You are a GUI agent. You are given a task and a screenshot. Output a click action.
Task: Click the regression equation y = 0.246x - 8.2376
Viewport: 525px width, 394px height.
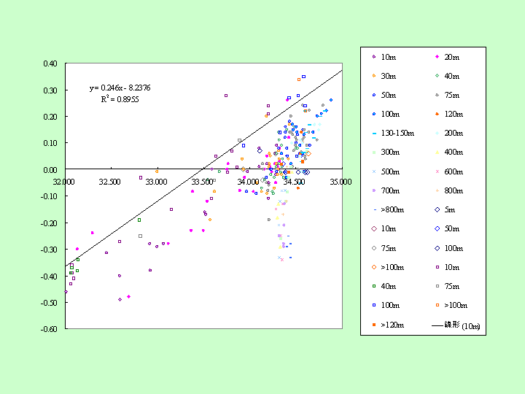pyautogui.click(x=120, y=88)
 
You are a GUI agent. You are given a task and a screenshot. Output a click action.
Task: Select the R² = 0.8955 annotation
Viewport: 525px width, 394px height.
pyautogui.click(x=120, y=99)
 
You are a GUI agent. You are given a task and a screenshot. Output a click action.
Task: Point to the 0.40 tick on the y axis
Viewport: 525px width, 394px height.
pyautogui.click(x=50, y=63)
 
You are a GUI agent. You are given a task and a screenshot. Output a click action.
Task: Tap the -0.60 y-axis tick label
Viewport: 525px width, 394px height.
pyautogui.click(x=49, y=329)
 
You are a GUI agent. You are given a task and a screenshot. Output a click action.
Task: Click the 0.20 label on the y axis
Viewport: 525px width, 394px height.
pyautogui.click(x=50, y=117)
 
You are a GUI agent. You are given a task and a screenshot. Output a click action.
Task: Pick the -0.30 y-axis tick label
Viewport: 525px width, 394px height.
pyautogui.click(x=49, y=250)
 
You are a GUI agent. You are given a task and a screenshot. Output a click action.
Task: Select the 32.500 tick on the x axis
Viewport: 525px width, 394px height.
pyautogui.click(x=109, y=182)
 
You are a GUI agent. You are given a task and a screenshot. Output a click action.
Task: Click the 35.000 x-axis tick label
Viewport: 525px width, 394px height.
pyautogui.click(x=341, y=182)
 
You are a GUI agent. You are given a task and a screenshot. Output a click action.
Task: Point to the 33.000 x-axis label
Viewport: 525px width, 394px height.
pyautogui.click(x=156, y=182)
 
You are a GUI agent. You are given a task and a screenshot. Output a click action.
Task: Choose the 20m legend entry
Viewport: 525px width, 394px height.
pyautogui.click(x=447, y=58)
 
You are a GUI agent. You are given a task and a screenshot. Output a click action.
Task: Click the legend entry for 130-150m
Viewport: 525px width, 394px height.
pyautogui.click(x=393, y=134)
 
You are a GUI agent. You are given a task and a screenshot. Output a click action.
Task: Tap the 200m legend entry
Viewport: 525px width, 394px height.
pyautogui.click(x=448, y=134)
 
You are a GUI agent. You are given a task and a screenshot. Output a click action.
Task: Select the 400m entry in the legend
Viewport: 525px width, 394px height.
pyautogui.click(x=448, y=152)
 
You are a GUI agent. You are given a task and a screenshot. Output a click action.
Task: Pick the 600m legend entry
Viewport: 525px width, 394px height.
pyautogui.click(x=448, y=172)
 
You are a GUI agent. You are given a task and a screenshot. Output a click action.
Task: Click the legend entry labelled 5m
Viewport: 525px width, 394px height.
pyautogui.click(x=445, y=210)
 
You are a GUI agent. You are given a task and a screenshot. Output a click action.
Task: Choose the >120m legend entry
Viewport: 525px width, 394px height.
pyautogui.click(x=388, y=325)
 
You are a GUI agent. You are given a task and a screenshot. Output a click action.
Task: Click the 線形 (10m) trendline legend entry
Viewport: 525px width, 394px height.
pyautogui.click(x=456, y=325)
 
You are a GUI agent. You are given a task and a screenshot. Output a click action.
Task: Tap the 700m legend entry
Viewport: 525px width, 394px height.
pyautogui.click(x=386, y=191)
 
